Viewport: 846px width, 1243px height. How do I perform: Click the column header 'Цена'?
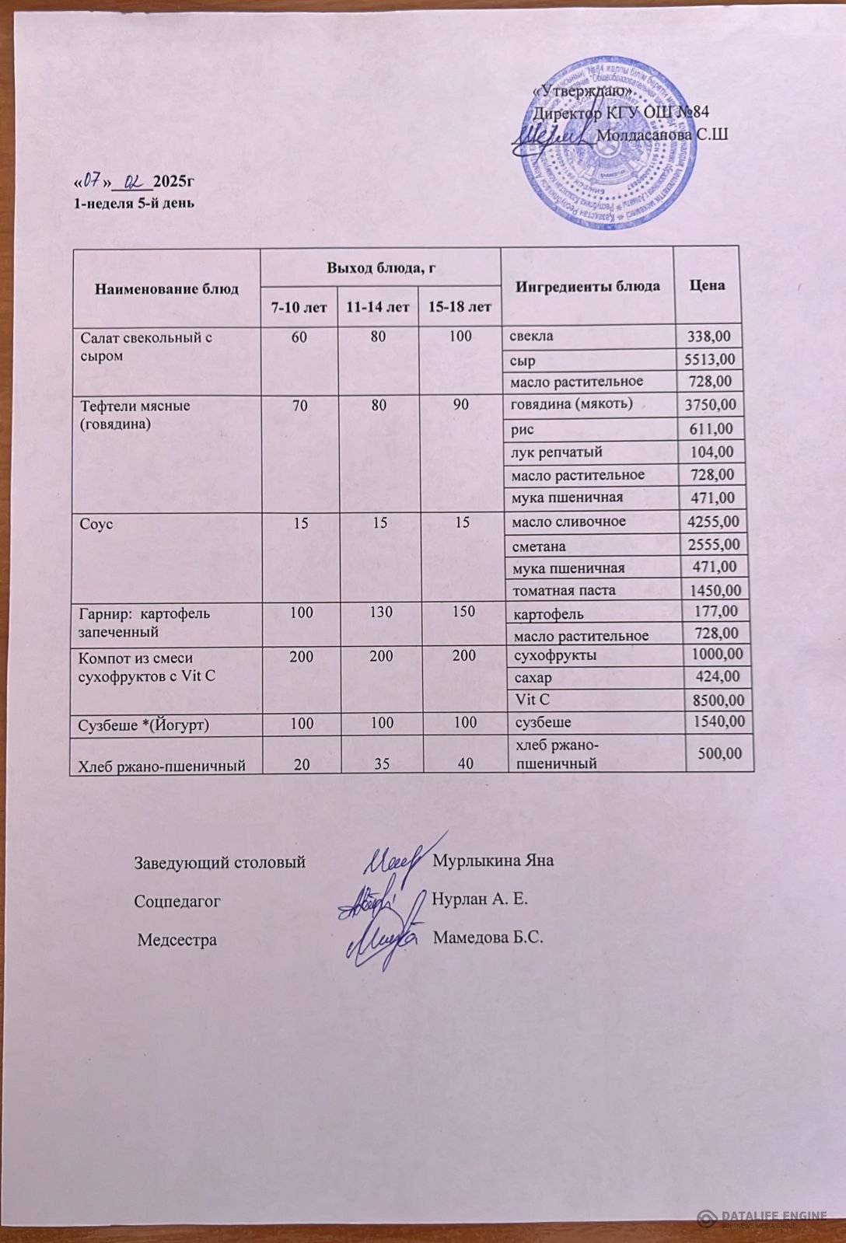coord(707,285)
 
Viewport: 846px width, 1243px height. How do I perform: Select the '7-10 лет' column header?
coord(299,307)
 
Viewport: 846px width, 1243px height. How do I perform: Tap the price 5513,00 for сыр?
coord(708,360)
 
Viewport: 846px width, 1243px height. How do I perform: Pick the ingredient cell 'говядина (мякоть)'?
coord(571,403)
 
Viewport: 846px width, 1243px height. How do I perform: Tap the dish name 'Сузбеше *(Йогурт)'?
coord(144,725)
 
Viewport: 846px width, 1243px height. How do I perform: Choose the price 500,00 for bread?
coord(720,753)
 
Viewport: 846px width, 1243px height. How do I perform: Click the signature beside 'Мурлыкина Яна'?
coord(395,861)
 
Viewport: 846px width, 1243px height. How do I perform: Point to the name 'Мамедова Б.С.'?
coord(488,937)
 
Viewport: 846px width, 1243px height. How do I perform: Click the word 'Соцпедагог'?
coord(177,901)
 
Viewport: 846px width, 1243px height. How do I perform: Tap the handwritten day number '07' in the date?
coord(93,181)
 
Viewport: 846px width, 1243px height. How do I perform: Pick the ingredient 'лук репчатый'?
coord(557,452)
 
